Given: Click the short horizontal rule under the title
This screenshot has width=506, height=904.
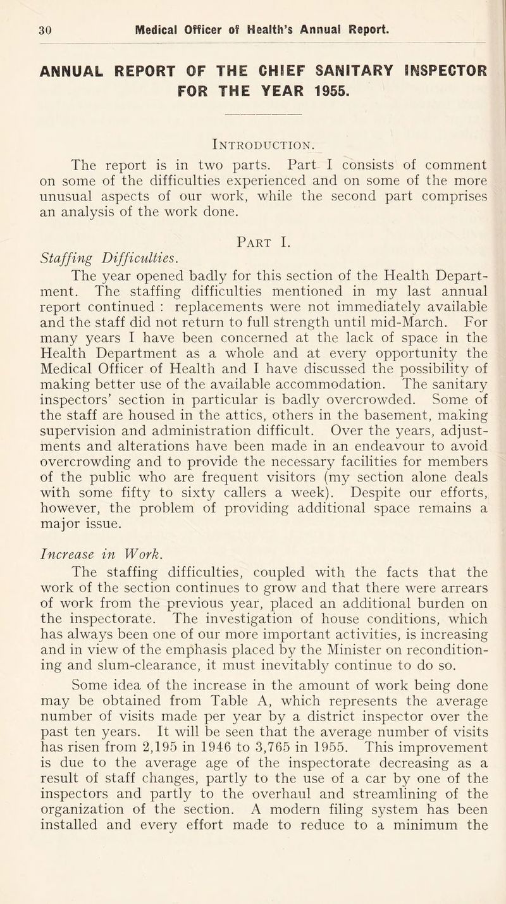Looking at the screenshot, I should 252,115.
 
